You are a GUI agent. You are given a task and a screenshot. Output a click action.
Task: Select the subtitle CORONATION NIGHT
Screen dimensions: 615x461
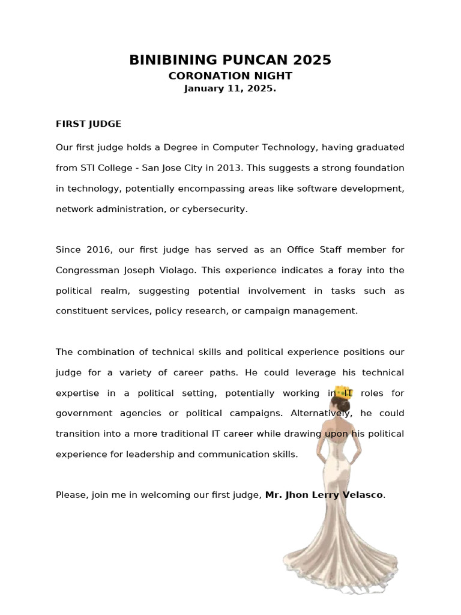(230, 76)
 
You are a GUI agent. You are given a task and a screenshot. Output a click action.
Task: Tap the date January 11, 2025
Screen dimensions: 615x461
(230, 88)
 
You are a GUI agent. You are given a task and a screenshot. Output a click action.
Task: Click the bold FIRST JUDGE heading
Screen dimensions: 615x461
(88, 124)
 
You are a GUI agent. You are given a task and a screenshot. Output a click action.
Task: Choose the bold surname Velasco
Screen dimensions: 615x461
(361, 495)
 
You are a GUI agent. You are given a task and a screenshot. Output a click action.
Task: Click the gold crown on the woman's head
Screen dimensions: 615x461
(343, 392)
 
